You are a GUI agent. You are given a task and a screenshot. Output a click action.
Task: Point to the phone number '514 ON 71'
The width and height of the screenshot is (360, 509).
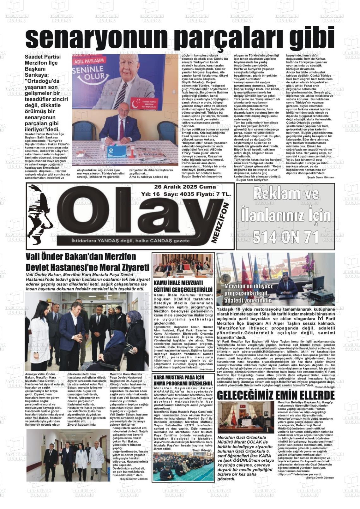tap(285, 237)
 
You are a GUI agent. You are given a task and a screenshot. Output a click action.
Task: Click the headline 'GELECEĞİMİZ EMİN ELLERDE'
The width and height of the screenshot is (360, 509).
tap(276, 395)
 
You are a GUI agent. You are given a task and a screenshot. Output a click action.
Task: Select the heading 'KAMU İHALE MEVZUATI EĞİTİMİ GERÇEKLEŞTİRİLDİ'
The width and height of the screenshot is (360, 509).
tap(183, 286)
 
